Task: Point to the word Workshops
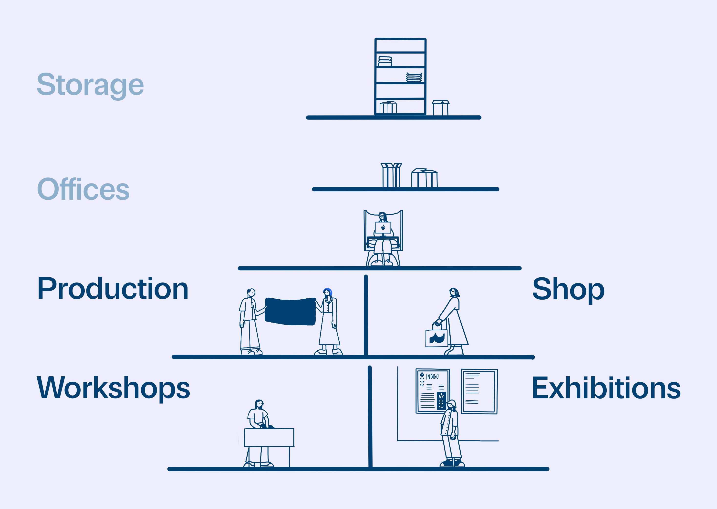point(113,388)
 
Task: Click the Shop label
point(568,289)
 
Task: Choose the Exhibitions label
point(606,388)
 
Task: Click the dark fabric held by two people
point(290,311)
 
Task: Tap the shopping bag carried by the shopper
point(436,338)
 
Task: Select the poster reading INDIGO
point(432,391)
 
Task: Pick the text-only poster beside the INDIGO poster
point(479,391)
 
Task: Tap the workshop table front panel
point(269,437)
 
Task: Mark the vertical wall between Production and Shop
point(366,315)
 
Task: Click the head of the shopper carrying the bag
point(454,292)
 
